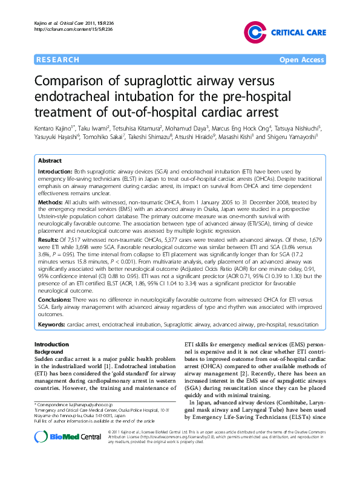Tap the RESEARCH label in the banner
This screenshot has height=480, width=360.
(x=58, y=60)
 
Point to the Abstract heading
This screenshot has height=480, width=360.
(x=50, y=161)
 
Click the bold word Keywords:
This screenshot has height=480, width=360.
(x=52, y=325)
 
